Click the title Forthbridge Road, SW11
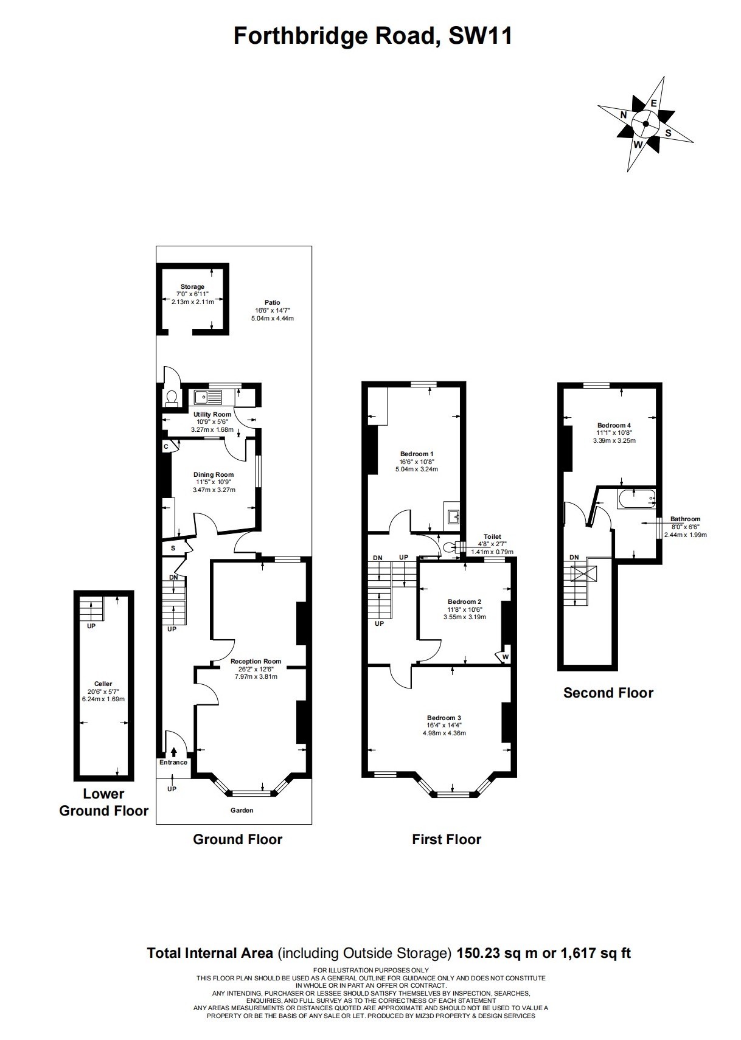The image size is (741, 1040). point(372,36)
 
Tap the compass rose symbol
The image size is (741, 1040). point(645,124)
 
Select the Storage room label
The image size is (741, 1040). point(193,287)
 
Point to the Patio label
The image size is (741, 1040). point(273,303)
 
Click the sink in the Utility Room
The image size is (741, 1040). point(209,397)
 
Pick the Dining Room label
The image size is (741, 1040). point(214,474)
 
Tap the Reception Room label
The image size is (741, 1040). point(256,661)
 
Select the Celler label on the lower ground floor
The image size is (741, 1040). point(103,684)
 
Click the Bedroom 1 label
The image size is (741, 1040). point(417,454)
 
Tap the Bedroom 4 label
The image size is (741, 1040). point(614,425)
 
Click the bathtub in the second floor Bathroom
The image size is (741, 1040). point(636,499)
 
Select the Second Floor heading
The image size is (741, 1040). point(608,693)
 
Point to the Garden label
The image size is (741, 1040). point(242,810)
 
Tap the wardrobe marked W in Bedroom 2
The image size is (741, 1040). point(504,656)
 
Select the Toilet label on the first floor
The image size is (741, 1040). point(493,536)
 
